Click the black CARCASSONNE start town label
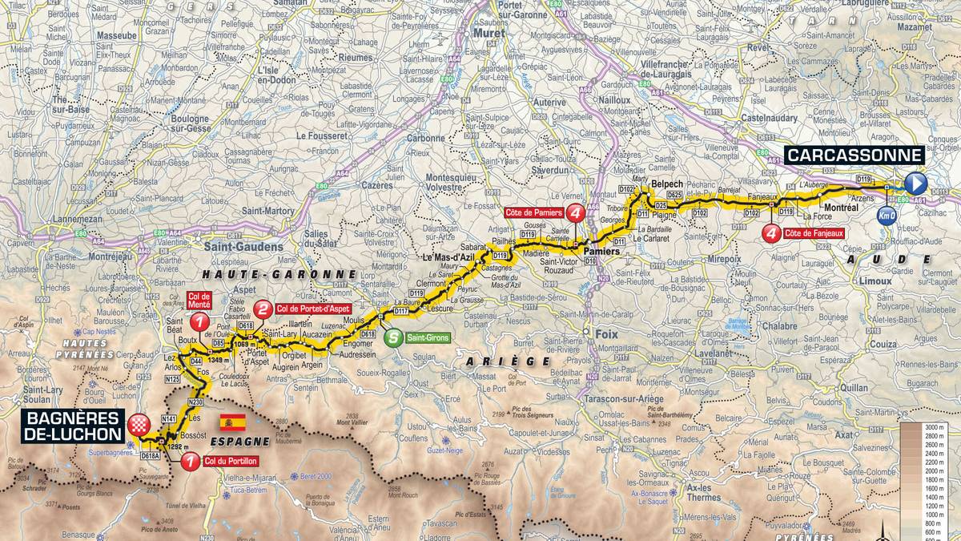coord(854,155)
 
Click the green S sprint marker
coord(392,338)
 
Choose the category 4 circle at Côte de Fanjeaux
coord(771,233)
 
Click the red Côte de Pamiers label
coord(534,212)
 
